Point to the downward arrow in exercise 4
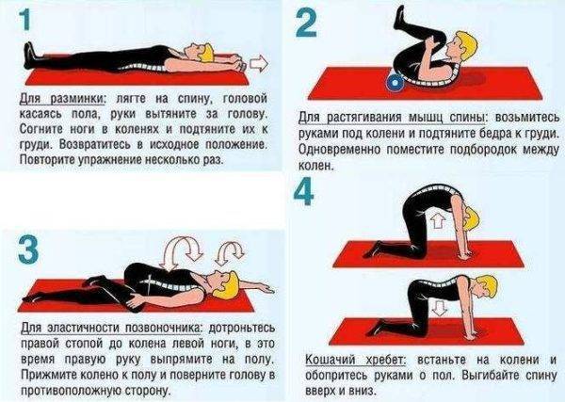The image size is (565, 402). (440, 310)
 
